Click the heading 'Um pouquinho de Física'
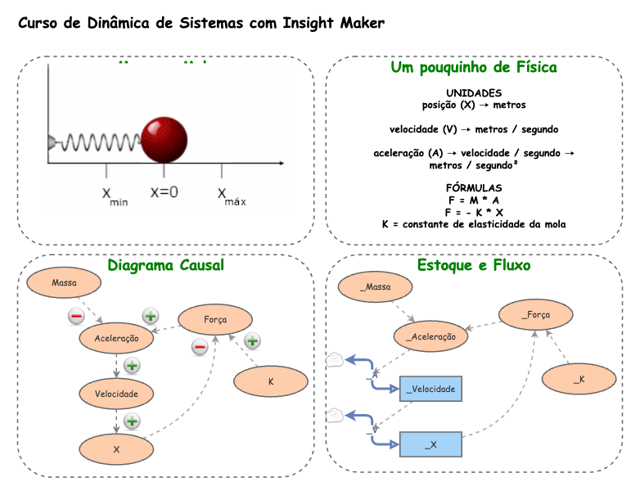pyautogui.click(x=474, y=67)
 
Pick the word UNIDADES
pyautogui.click(x=474, y=93)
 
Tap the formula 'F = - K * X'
pyautogui.click(x=474, y=212)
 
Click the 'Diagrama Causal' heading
pyautogui.click(x=165, y=265)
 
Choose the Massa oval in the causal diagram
pyautogui.click(x=64, y=283)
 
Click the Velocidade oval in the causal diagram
pyautogui.click(x=116, y=394)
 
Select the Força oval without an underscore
pyautogui.click(x=214, y=319)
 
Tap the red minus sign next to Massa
pyautogui.click(x=75, y=316)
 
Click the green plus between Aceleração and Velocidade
pyautogui.click(x=132, y=366)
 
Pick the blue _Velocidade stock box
pyautogui.click(x=431, y=389)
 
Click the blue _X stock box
pyautogui.click(x=431, y=444)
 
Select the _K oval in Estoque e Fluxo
pyautogui.click(x=579, y=379)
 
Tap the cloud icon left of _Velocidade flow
pyautogui.click(x=334, y=358)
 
